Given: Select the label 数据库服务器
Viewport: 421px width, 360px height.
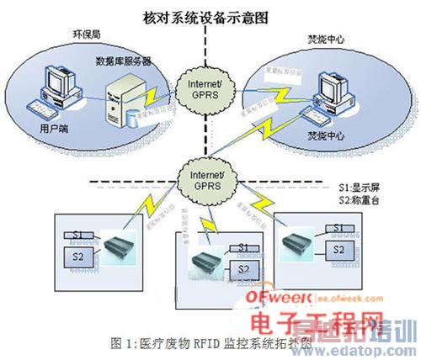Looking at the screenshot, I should pos(125,62).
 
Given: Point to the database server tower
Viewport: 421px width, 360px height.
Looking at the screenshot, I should pos(126,100).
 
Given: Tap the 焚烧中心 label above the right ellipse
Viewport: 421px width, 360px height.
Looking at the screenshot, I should pos(326,40).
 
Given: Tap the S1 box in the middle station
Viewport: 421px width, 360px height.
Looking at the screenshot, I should pos(243,247).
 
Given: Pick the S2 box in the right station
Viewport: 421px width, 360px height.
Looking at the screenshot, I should pos(337,250).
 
